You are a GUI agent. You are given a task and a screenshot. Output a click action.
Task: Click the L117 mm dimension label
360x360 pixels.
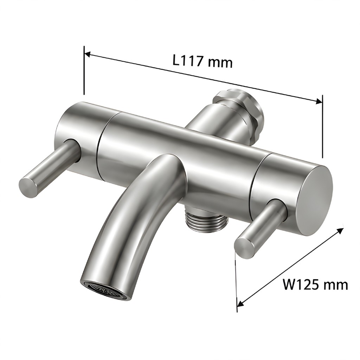[202, 61]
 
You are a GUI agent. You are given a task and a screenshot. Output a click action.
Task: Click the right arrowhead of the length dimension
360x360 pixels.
[319, 101]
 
